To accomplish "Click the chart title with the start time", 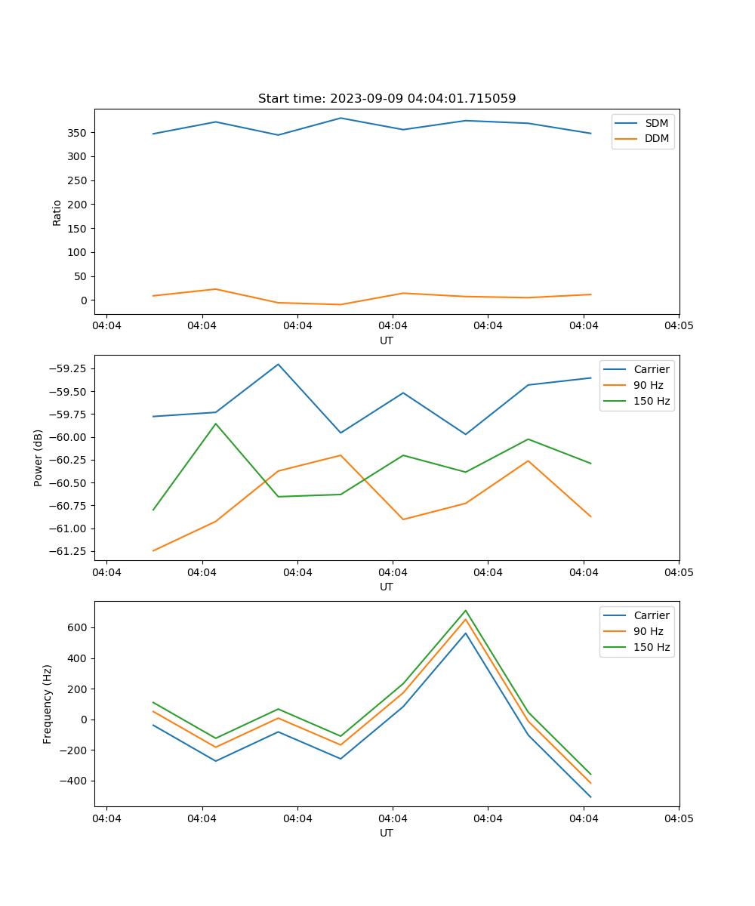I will [x=387, y=99].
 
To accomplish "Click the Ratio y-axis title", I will [x=57, y=212].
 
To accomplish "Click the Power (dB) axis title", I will [x=39, y=458].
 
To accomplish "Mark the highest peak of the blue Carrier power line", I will [x=278, y=364].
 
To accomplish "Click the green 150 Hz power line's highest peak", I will [x=216, y=424].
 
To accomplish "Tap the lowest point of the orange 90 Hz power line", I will [x=153, y=550].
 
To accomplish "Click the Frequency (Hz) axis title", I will [x=48, y=704].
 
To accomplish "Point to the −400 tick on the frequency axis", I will [x=75, y=781].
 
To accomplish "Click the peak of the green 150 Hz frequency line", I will [x=466, y=610].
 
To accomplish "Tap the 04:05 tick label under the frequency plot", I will [x=678, y=818].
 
